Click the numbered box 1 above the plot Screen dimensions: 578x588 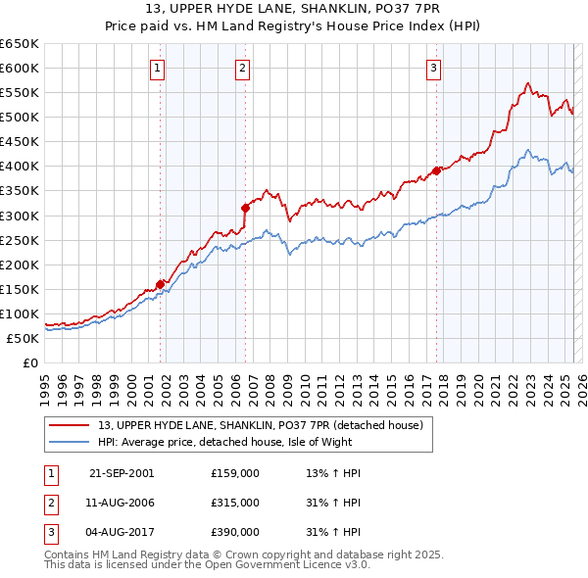click(x=158, y=68)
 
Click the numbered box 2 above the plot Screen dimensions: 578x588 click(x=242, y=68)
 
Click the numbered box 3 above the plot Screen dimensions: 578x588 click(x=433, y=68)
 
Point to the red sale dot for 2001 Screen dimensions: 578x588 click(x=160, y=284)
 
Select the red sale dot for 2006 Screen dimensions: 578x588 click(x=245, y=208)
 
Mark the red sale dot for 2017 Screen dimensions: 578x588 click(x=436, y=170)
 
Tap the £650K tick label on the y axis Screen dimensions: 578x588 click(x=20, y=44)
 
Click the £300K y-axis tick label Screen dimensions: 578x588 click(x=20, y=216)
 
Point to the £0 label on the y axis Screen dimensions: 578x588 click(x=30, y=362)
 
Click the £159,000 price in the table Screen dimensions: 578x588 click(x=234, y=473)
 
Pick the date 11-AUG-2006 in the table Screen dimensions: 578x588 click(x=122, y=503)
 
